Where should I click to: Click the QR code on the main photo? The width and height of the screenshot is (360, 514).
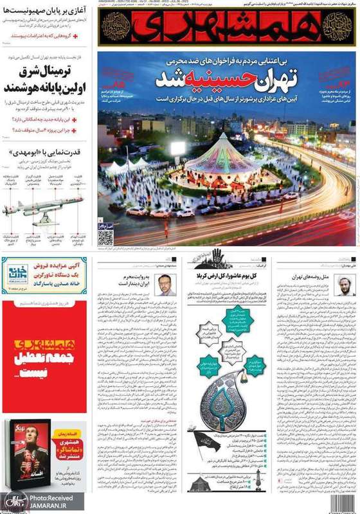tap(106, 236)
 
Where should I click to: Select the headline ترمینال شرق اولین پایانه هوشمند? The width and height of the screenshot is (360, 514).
tap(45, 80)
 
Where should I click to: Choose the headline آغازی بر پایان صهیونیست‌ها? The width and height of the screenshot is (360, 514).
tap(48, 10)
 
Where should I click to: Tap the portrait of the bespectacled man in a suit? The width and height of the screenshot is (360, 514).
tap(165, 284)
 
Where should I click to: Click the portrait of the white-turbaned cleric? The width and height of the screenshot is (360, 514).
tap(344, 284)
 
